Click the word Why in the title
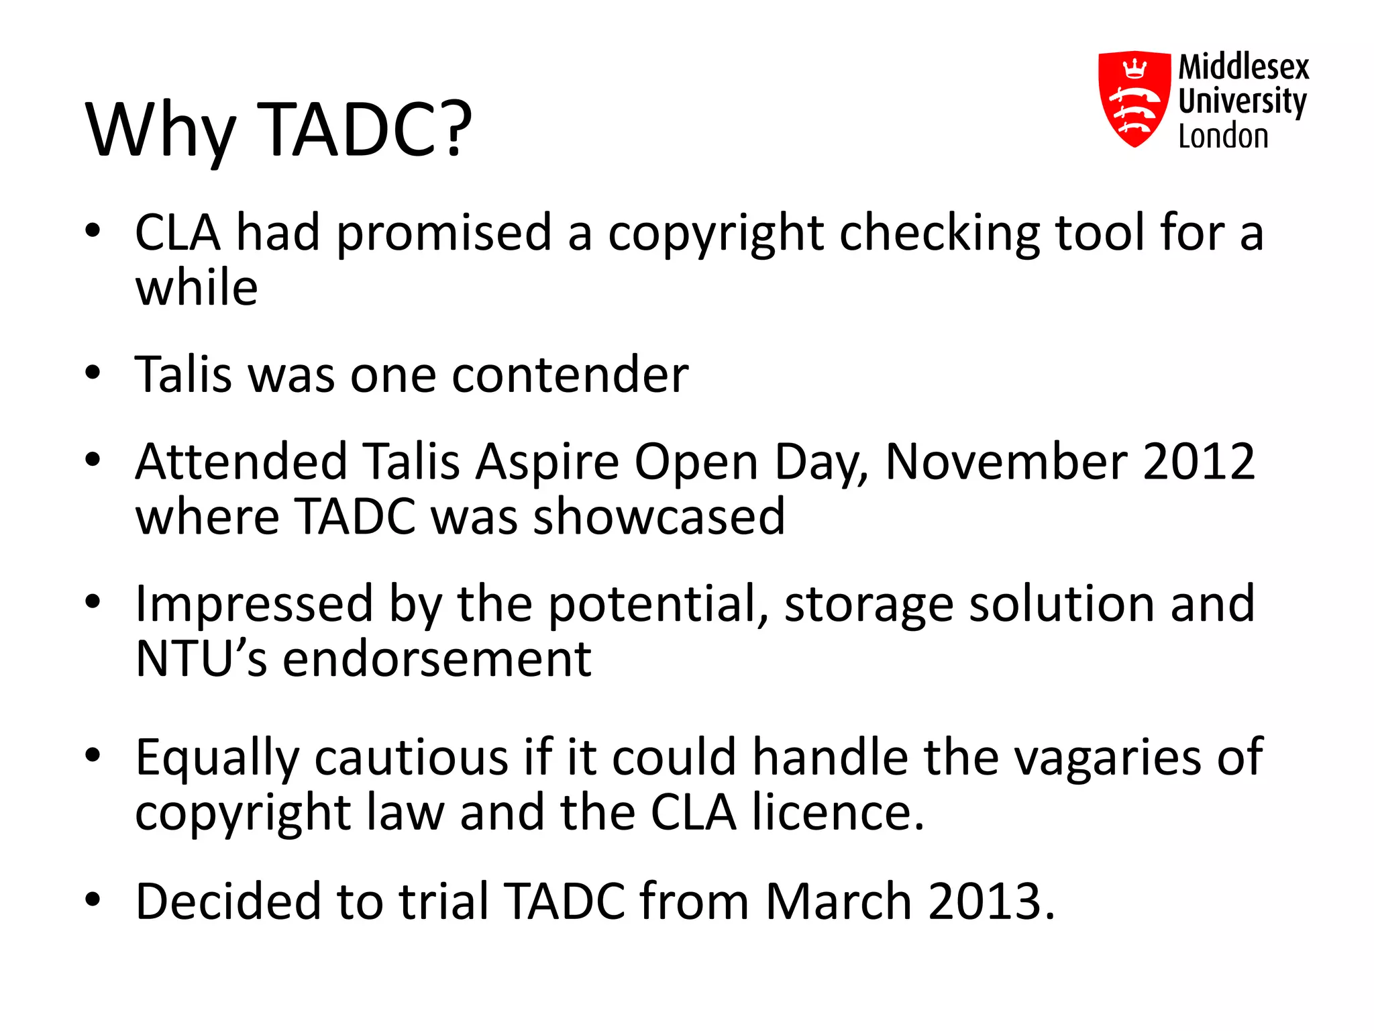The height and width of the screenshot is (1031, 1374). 161,131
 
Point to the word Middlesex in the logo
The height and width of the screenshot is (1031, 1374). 1244,67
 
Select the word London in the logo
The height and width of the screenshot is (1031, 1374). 1223,136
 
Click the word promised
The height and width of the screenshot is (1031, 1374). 443,233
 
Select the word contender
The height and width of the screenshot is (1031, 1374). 570,375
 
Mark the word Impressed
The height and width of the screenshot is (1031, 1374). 254,604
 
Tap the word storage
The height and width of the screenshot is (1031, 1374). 869,604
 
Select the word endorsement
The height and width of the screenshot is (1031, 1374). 437,659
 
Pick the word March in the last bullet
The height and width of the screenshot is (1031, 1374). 839,901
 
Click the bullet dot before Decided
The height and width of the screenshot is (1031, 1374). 93,899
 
